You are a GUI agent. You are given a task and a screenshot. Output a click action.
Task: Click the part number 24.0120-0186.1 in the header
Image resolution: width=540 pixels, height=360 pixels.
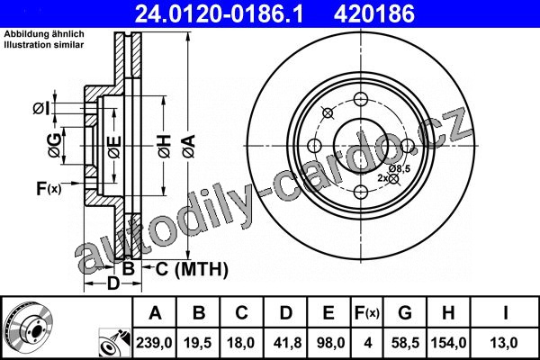tap(219, 13)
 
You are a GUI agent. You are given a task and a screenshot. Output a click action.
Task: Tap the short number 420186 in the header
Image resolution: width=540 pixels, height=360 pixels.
tap(374, 13)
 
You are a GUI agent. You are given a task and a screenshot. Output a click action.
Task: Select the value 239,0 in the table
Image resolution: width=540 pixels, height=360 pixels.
tap(154, 343)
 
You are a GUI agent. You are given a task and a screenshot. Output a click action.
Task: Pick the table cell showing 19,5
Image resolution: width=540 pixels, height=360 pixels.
tap(198, 343)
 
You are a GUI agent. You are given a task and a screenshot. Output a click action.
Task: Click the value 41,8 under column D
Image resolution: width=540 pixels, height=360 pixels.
tap(286, 343)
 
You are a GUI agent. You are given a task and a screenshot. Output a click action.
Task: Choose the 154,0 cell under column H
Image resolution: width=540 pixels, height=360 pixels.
tap(448, 343)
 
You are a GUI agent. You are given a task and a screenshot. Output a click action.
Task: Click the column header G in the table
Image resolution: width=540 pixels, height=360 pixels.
tap(405, 313)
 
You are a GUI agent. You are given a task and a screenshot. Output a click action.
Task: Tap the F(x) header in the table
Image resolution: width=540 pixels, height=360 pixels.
tap(367, 313)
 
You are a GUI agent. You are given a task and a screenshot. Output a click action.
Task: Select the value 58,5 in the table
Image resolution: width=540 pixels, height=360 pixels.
tap(405, 343)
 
